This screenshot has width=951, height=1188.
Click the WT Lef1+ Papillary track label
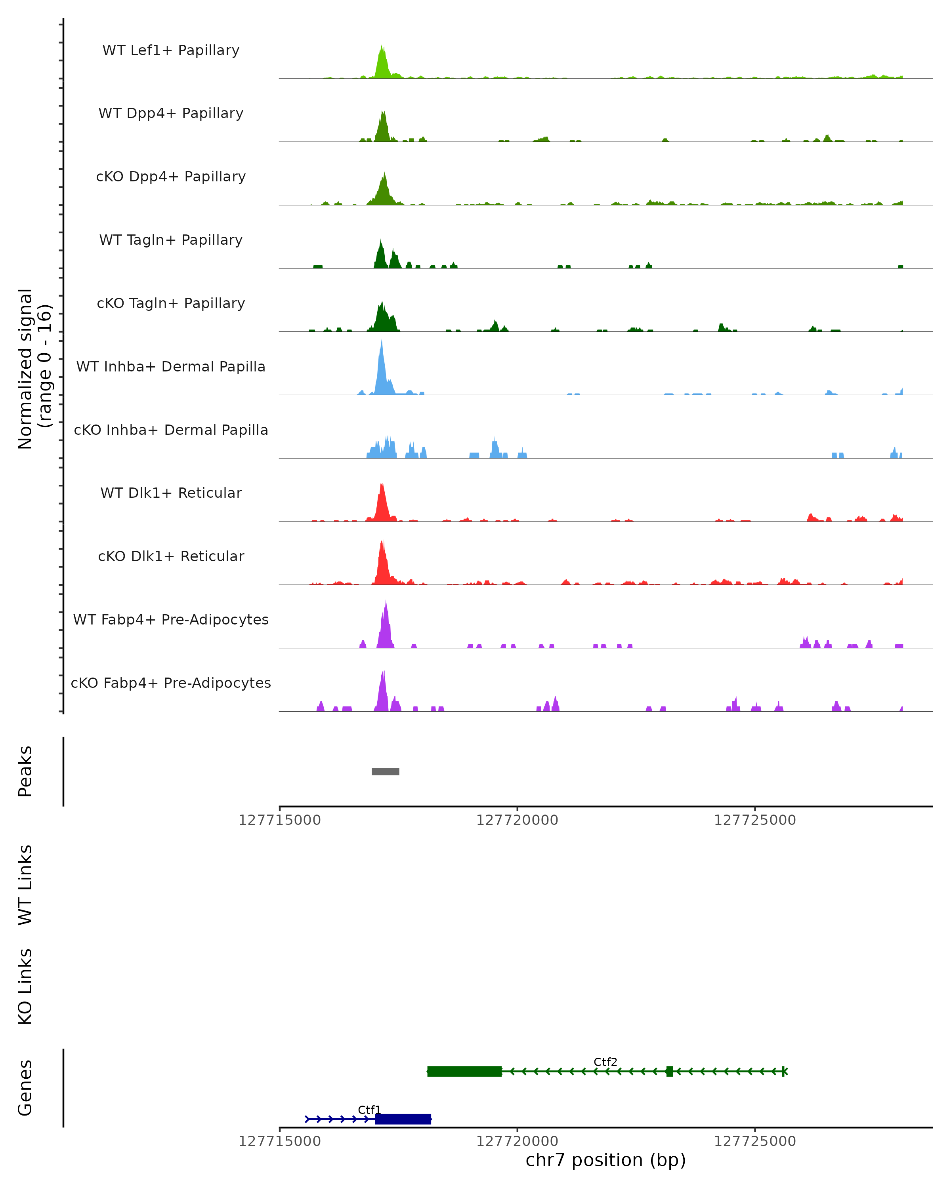click(x=171, y=50)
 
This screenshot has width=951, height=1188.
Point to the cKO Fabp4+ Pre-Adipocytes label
click(x=171, y=683)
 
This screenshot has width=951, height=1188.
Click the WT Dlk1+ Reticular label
click(x=171, y=493)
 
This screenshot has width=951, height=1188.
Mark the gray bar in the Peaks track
click(x=386, y=771)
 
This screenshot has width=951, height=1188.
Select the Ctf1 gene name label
click(x=369, y=1110)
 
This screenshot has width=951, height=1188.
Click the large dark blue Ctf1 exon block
click(x=403, y=1119)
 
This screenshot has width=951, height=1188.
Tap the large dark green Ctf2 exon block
click(x=464, y=1071)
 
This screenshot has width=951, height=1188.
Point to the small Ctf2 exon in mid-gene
click(x=669, y=1071)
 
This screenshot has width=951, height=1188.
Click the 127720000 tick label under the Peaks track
click(x=517, y=821)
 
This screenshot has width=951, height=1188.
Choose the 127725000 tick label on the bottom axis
click(x=755, y=1141)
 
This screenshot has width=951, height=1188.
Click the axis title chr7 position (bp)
click(x=605, y=1160)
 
